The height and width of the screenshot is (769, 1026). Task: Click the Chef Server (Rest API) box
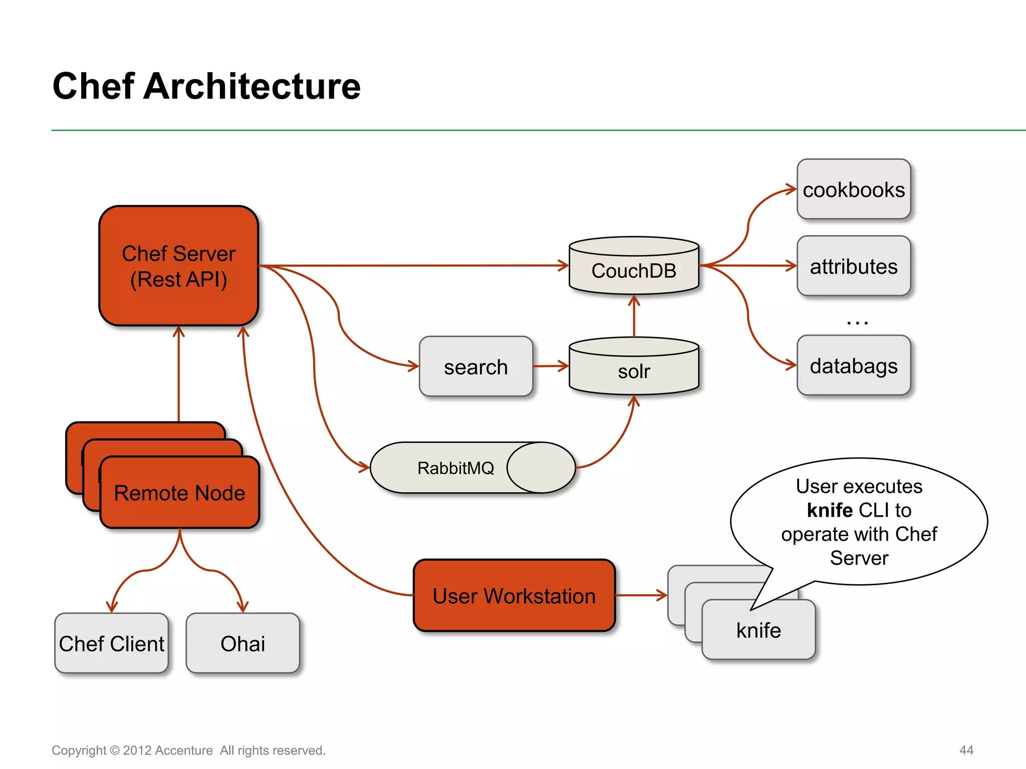coord(178,266)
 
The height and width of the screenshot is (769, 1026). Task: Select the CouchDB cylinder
coord(634,268)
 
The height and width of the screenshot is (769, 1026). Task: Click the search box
coord(475,367)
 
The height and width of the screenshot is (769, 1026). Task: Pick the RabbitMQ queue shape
coord(456,468)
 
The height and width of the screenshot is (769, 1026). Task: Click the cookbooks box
coord(853,190)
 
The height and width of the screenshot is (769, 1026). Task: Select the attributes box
coord(853,266)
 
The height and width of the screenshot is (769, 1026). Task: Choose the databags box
coord(853,366)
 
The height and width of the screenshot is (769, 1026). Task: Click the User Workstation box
coord(514,596)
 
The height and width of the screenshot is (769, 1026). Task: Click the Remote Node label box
coord(179,493)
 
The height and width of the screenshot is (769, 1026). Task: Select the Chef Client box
coord(111,644)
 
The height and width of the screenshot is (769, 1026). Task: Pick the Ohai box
coord(242,644)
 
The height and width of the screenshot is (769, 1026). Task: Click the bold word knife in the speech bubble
coord(830,510)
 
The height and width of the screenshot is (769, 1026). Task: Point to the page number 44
coord(966,750)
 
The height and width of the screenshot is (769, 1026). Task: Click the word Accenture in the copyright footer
coord(184,750)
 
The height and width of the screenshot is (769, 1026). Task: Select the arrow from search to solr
coord(550,366)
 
